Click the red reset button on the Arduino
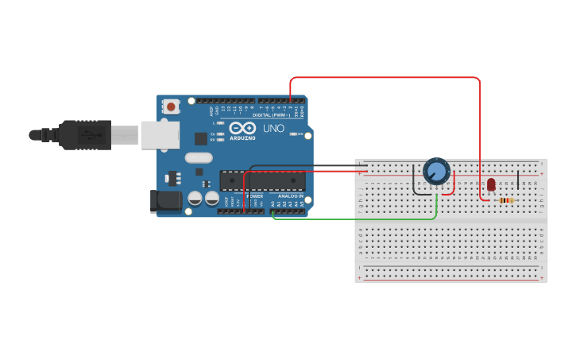point(171,106)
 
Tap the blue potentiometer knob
point(436,171)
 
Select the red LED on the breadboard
point(491,184)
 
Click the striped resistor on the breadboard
point(506,200)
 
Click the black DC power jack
point(165,201)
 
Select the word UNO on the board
point(273,128)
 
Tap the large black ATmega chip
point(262,181)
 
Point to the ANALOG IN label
point(290,195)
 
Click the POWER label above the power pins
point(254,195)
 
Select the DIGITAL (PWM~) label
point(271,115)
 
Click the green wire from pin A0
point(358,219)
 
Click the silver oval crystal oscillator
point(199,157)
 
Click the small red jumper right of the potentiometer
point(453,184)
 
